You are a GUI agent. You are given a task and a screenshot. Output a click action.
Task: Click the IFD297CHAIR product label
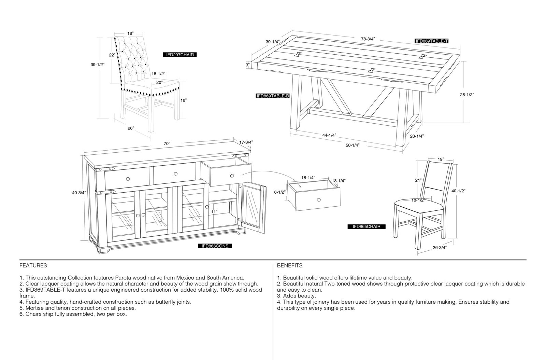179,55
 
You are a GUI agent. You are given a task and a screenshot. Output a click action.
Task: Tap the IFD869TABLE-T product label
431,41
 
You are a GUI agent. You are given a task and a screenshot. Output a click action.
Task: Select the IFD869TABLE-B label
273,96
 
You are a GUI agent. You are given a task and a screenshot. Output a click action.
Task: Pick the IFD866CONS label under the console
215,246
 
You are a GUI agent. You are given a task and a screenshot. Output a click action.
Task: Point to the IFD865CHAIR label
367,226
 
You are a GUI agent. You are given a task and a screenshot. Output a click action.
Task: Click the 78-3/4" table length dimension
368,39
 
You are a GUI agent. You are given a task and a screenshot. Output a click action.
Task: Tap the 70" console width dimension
167,144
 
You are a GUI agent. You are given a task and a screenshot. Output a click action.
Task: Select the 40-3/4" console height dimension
79,193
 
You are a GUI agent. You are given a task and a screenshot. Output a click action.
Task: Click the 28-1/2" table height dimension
467,95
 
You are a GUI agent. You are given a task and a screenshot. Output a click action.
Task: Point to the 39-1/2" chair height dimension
97,65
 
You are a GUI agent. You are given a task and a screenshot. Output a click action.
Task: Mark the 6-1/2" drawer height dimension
279,192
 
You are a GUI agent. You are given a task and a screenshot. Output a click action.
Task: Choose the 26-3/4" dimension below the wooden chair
440,248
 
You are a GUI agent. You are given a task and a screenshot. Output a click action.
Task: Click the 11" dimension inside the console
214,212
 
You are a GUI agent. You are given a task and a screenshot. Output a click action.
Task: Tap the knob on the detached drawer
319,200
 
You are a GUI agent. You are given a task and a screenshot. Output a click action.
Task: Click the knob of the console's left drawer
128,179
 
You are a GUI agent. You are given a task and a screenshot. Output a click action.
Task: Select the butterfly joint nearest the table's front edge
372,70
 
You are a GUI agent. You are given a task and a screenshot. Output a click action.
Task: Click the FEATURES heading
33,265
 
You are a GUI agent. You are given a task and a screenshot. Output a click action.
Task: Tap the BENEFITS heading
290,265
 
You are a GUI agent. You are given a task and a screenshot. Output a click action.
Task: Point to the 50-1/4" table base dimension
352,146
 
